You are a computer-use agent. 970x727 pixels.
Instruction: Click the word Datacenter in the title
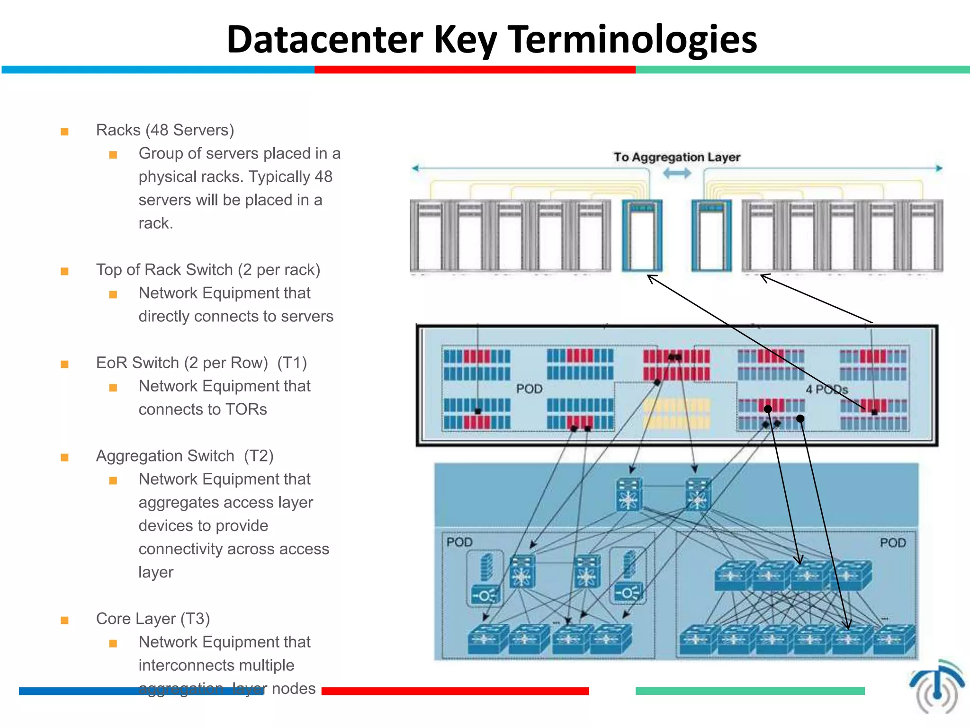tap(324, 40)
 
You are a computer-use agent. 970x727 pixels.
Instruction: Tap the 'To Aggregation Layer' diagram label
tap(676, 157)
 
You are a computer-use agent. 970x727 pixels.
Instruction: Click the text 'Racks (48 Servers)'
tap(165, 130)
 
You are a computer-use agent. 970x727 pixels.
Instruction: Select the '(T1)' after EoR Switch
tap(292, 363)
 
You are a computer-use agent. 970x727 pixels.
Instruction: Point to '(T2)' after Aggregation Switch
tap(259, 456)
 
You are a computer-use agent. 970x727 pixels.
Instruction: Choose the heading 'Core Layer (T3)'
tap(153, 619)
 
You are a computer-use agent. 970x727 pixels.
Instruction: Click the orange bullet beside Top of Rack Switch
tap(65, 271)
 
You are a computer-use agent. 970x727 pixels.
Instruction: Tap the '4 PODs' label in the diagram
tap(826, 390)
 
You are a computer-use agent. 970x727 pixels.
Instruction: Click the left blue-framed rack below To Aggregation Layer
tap(642, 235)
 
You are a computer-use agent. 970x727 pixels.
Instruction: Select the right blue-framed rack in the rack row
tap(711, 235)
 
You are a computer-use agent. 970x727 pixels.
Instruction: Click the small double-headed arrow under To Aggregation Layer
tap(677, 174)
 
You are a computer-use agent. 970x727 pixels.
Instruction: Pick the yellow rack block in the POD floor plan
tap(677, 413)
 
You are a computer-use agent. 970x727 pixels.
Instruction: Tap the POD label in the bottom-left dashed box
tap(459, 542)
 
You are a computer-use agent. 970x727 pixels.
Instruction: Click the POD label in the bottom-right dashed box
tap(892, 543)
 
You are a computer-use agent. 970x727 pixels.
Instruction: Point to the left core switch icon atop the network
tap(629, 495)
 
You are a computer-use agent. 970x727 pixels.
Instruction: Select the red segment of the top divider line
tap(475, 70)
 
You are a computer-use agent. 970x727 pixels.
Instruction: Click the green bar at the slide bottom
tap(750, 691)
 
